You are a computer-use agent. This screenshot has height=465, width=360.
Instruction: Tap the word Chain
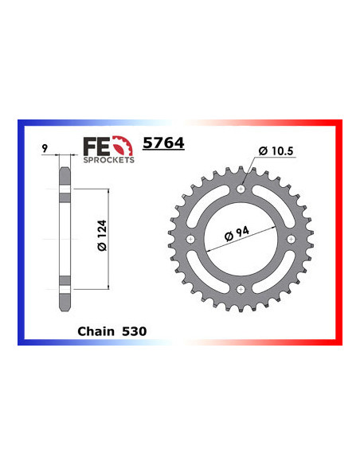pyautogui.click(x=95, y=329)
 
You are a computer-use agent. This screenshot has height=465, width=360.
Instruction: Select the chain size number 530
pyautogui.click(x=134, y=329)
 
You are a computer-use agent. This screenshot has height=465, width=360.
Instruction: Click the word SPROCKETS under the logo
pyautogui.click(x=109, y=159)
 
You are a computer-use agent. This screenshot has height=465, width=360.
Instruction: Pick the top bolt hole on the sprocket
pyautogui.click(x=240, y=190)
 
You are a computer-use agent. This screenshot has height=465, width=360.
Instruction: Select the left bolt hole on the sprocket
pyautogui.click(x=190, y=240)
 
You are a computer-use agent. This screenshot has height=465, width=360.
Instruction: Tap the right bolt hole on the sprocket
pyautogui.click(x=290, y=240)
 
